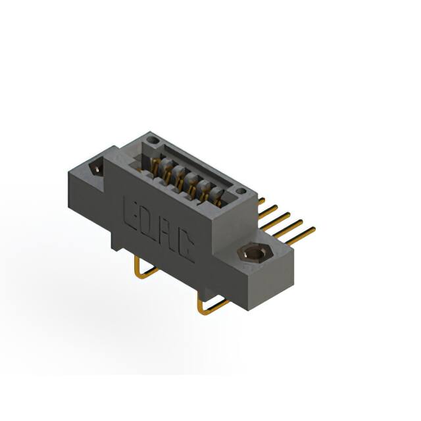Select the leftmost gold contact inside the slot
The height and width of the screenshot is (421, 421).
click(156, 164)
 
